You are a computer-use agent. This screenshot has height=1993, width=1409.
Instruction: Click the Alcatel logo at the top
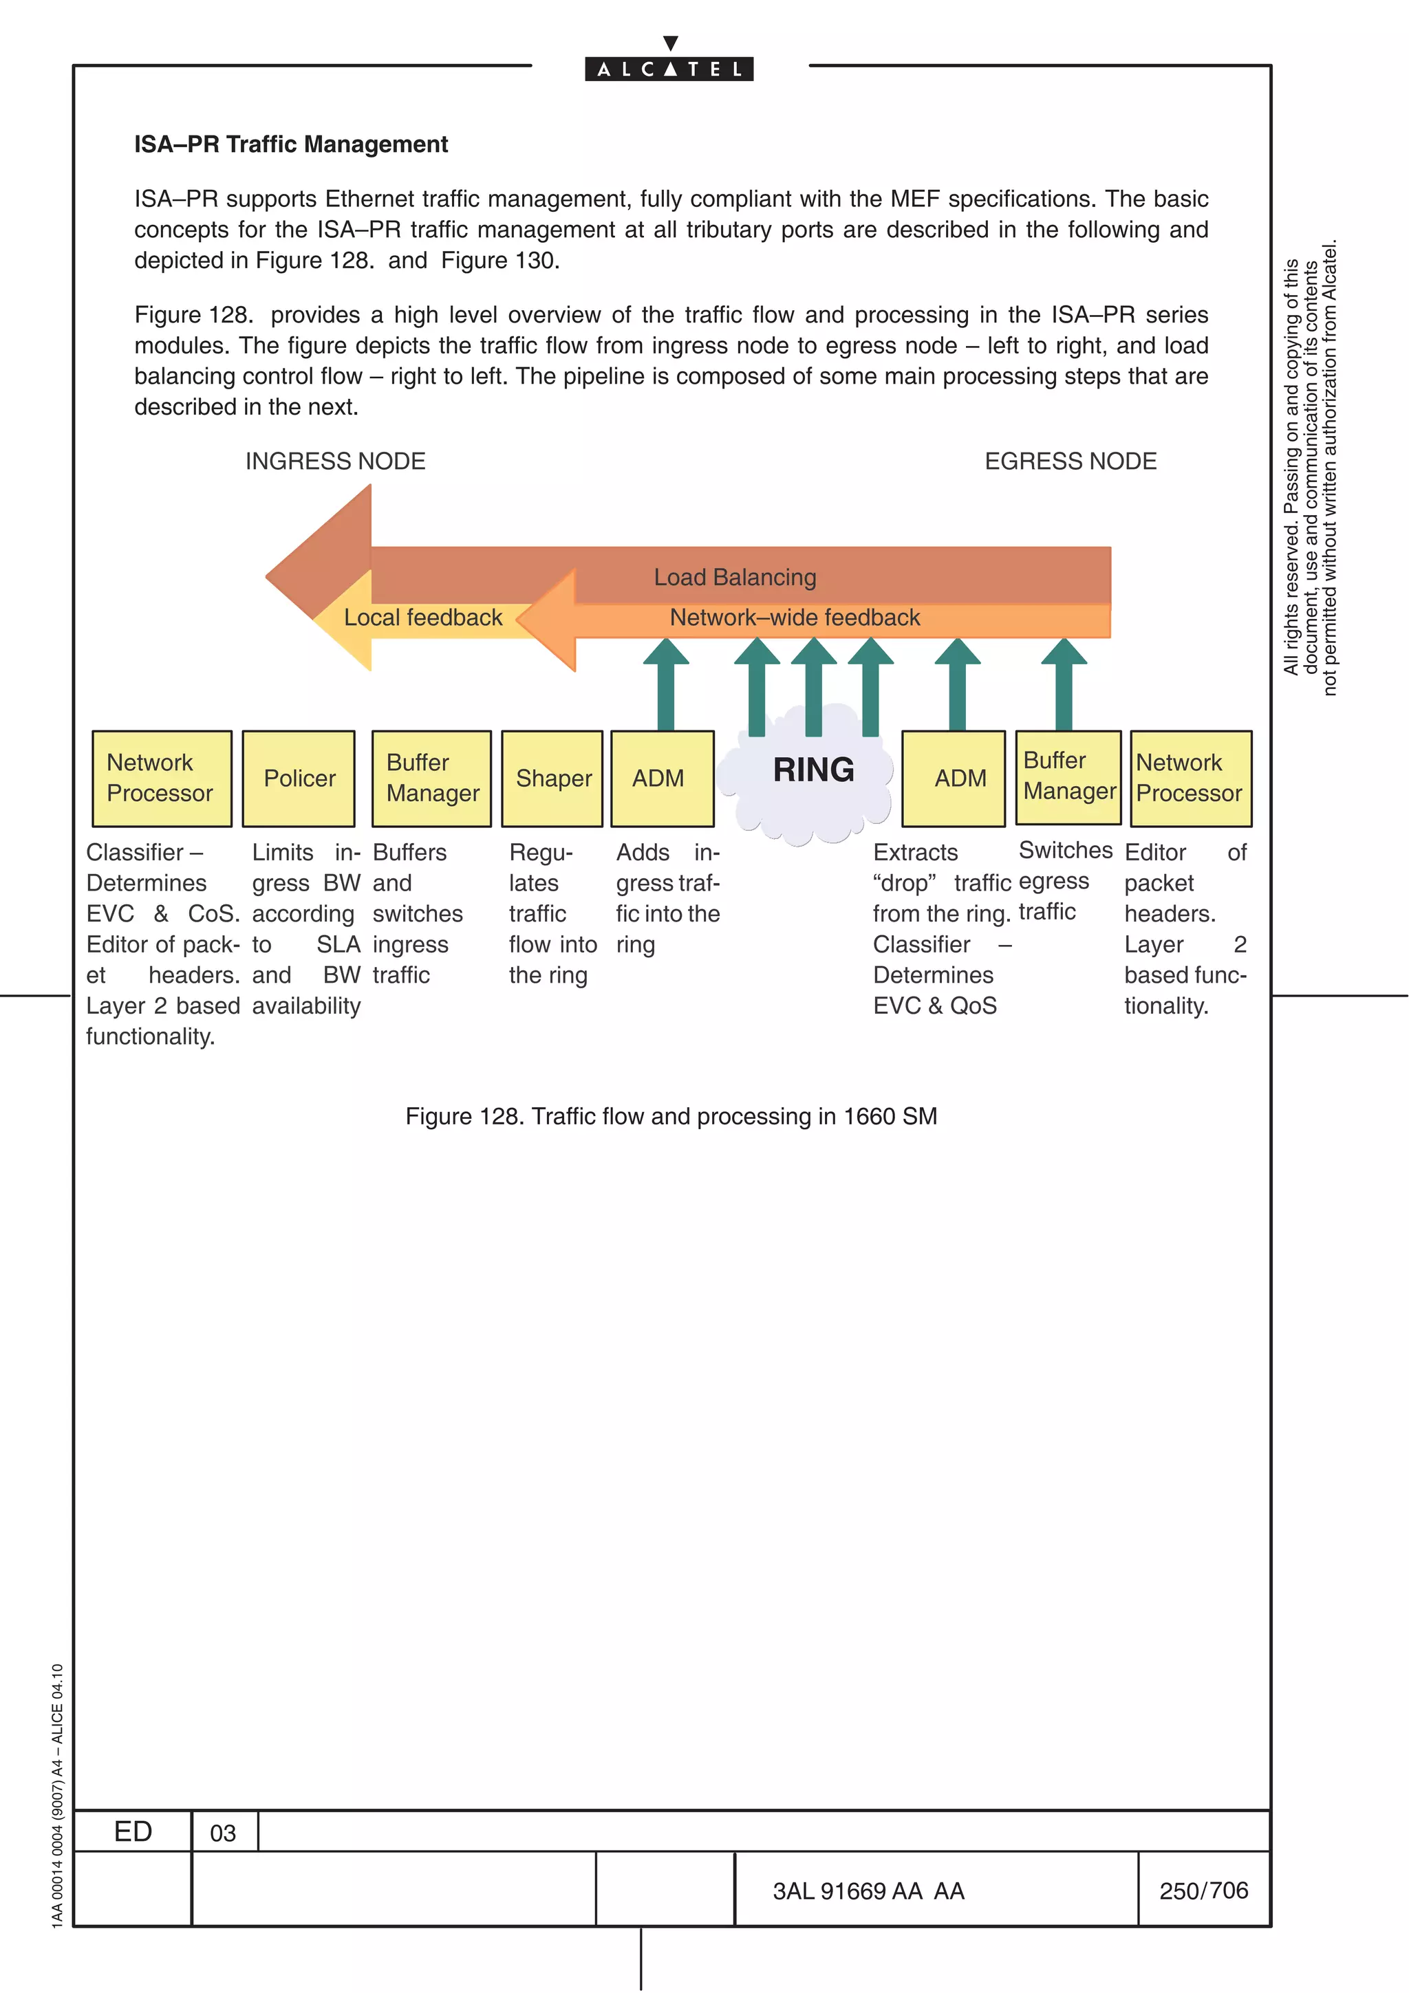669,67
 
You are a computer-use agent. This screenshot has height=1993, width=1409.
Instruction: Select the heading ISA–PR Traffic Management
291,144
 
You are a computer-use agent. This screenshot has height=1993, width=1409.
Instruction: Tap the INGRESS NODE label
335,461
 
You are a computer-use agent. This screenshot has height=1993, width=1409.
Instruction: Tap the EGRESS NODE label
1070,461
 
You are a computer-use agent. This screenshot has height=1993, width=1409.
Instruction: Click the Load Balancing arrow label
735,577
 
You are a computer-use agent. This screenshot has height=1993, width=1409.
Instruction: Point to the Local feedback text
423,617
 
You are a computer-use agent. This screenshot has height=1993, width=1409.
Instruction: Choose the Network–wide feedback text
795,617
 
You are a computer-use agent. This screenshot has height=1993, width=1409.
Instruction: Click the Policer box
299,778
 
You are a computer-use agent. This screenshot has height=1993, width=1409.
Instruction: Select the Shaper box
553,778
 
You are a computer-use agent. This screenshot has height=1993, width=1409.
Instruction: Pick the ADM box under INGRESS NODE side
662,778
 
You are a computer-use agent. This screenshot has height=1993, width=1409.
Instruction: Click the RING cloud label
813,770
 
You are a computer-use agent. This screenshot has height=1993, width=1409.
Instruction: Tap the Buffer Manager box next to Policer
431,778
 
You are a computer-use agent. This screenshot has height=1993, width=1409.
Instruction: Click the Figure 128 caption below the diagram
671,1116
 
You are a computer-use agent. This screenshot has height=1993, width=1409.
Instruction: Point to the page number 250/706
1203,1891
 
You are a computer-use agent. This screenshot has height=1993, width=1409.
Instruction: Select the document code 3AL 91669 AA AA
868,1891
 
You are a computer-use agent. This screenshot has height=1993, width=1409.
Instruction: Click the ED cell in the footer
133,1831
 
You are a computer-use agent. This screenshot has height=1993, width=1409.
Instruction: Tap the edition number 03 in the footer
223,1833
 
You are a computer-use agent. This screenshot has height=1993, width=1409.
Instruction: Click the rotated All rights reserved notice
1310,469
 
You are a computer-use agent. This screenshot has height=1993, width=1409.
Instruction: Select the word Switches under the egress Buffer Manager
1065,851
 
